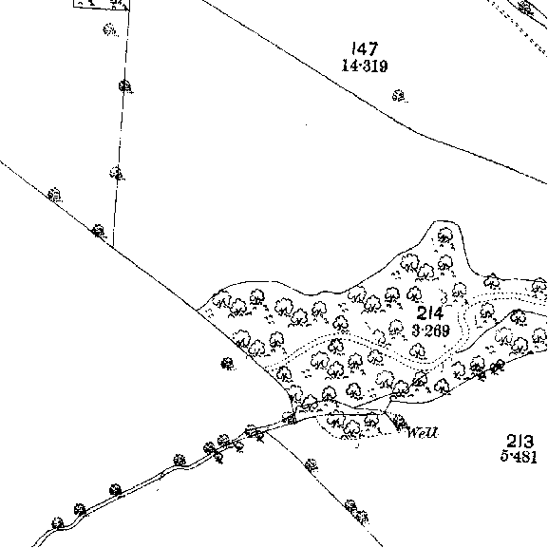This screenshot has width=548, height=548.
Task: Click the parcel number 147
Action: point(366,49)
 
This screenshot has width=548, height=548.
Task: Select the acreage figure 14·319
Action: point(365,66)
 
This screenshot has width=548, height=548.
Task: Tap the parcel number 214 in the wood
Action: point(430,312)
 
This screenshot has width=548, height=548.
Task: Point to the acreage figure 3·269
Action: point(430,331)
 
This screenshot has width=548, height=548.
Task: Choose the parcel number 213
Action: point(520,441)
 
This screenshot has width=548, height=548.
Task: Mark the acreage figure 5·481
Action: point(519,456)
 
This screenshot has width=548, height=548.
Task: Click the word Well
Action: point(423,433)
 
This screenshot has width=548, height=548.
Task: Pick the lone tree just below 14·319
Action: point(399,96)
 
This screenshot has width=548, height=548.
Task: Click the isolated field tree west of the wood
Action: point(228,364)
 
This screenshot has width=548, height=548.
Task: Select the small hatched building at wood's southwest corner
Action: point(290,418)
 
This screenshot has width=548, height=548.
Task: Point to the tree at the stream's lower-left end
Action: point(58,523)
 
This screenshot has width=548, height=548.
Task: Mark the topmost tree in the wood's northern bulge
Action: point(445,236)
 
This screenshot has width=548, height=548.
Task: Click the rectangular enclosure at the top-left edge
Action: point(102,5)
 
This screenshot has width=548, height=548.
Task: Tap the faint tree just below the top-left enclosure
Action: point(110,29)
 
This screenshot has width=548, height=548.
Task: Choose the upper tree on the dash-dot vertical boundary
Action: point(125,86)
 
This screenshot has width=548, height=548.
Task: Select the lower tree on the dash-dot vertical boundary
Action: point(117,173)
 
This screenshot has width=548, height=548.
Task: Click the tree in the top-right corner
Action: point(526,7)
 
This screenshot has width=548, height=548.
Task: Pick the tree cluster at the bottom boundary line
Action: point(356,511)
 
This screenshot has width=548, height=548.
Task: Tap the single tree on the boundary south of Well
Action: point(312,464)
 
